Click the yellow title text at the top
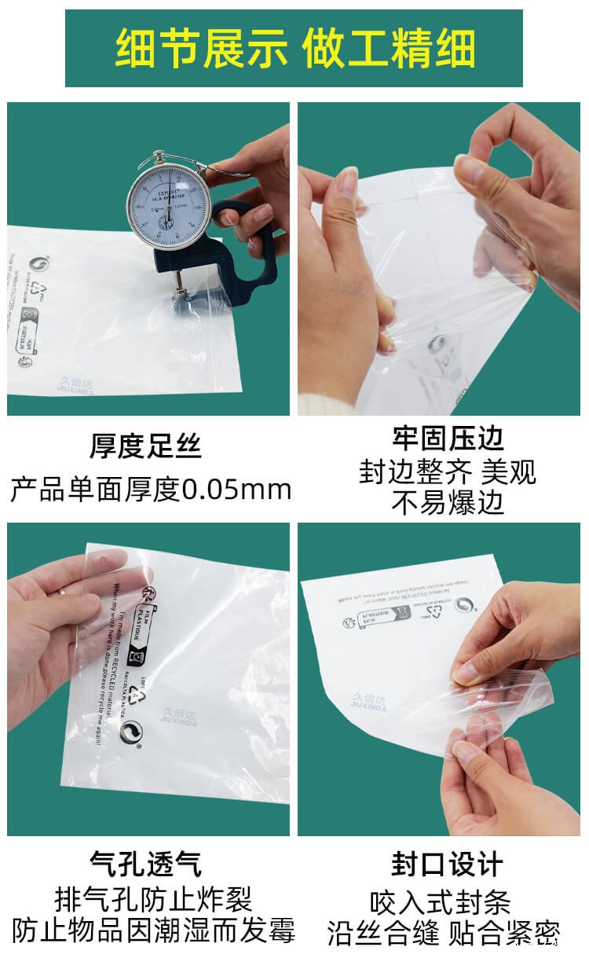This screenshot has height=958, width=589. (294, 49)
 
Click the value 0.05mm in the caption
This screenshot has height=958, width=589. (236, 490)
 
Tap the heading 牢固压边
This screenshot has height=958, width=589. (448, 438)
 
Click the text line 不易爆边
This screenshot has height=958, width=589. (448, 503)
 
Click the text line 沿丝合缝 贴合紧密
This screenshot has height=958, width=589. (443, 933)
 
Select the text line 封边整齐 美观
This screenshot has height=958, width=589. (448, 472)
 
